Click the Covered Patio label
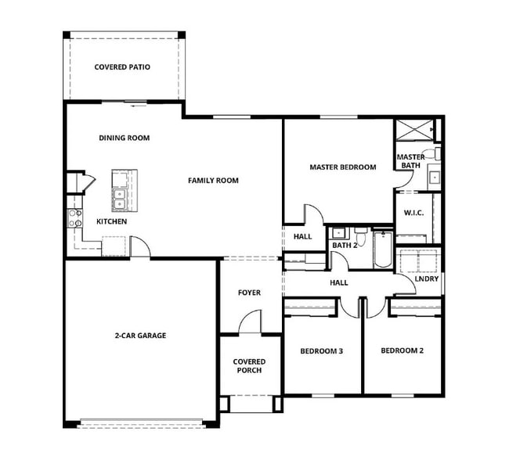[122, 67]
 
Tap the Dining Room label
[125, 138]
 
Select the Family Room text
[213, 181]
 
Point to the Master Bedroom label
[343, 167]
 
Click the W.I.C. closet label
[413, 213]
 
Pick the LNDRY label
[427, 279]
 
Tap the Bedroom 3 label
[321, 351]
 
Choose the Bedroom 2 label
[402, 350]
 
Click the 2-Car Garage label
[140, 336]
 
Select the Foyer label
[249, 293]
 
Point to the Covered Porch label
[249, 366]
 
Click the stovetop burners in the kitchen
[74, 218]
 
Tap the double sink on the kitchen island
[119, 199]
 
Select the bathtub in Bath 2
[383, 249]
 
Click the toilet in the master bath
[432, 153]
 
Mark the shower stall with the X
[414, 130]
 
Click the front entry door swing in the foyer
[250, 322]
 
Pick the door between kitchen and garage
[140, 246]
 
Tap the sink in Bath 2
[338, 233]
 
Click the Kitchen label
[112, 221]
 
